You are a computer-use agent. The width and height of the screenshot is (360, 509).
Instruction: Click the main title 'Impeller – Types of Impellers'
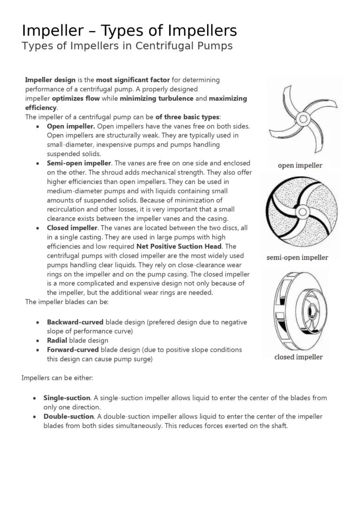point(129,31)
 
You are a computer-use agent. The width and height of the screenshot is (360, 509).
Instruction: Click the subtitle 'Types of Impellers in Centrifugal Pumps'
point(127,46)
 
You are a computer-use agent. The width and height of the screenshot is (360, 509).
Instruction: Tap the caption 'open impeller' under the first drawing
point(300,165)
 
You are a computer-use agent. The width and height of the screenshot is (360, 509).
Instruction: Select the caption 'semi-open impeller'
point(297,257)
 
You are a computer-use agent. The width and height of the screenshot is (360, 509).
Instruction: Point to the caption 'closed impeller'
point(298,357)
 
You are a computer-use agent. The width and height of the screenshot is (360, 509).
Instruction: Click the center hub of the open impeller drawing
point(303,119)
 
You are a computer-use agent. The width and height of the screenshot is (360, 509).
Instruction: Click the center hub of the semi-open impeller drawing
point(301,212)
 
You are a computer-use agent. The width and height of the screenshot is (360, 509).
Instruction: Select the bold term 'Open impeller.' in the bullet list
point(71,126)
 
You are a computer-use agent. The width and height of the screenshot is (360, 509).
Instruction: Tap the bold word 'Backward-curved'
point(75,322)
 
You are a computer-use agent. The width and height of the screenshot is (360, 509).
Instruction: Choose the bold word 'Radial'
point(57,341)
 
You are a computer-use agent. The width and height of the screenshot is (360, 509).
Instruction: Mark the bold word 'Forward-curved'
point(73,350)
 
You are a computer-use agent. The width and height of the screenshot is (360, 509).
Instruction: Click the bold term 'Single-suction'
point(67,398)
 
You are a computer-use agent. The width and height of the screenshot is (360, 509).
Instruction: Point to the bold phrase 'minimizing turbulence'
point(157,99)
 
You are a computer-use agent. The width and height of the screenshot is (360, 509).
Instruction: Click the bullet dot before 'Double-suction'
point(35,417)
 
